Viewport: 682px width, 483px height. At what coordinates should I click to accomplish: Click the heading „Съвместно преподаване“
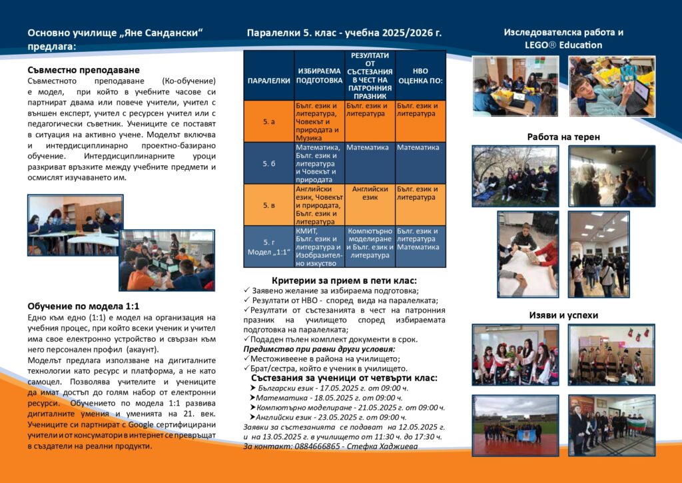[x=84, y=70]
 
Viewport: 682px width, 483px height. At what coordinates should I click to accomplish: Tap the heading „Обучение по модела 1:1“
[x=83, y=306]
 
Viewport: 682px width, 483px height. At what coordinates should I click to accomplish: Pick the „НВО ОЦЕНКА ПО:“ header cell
[x=420, y=75]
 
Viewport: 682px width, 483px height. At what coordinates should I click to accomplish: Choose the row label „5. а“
[x=268, y=122]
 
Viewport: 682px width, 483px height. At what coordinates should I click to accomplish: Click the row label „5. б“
[x=268, y=164]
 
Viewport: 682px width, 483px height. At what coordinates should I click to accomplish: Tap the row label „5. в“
[x=268, y=205]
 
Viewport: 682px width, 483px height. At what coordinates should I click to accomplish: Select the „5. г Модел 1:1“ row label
[x=268, y=247]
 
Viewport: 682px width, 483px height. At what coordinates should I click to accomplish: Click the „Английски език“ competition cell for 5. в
[x=370, y=193]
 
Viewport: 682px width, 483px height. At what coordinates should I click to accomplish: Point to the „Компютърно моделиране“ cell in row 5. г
[x=370, y=235]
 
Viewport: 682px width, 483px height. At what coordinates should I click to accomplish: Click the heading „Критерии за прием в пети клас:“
[x=344, y=280]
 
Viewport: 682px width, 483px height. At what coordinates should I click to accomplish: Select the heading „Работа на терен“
[x=563, y=137]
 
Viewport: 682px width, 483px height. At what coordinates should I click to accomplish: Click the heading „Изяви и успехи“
[x=563, y=315]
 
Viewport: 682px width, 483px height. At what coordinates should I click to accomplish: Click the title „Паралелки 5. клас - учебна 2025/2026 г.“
[x=344, y=33]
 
